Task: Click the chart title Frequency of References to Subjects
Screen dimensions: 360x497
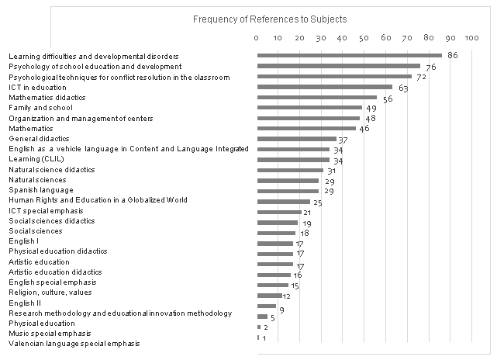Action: (270, 18)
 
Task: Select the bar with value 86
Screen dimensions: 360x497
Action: (349, 56)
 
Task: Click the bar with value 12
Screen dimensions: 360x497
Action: (269, 296)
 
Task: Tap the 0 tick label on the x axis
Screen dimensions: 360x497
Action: (257, 37)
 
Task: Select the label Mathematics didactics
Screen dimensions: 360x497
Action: (47, 98)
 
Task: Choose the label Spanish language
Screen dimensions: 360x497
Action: (41, 189)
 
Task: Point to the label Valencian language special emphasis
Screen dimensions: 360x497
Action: (74, 343)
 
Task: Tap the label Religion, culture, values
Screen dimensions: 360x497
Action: (51, 292)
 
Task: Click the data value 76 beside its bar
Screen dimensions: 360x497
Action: (430, 68)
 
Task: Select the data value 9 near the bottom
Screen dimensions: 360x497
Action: (281, 310)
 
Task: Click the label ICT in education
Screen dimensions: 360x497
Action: (37, 88)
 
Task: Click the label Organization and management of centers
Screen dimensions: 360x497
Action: (81, 118)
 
